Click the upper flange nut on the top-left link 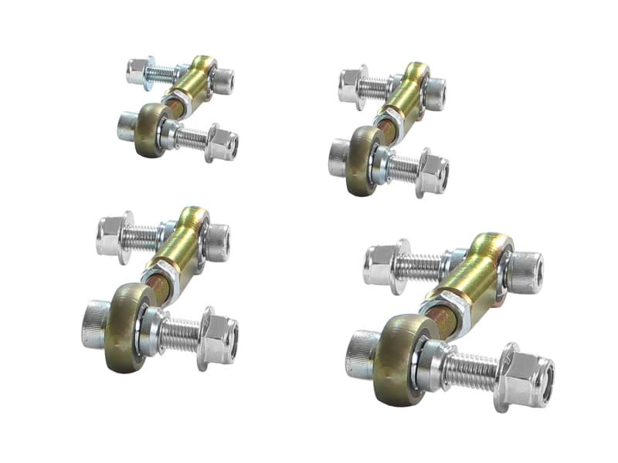[x=139, y=71]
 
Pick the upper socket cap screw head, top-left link [x=222, y=81]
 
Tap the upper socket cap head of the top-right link [x=436, y=93]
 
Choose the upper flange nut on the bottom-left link [x=111, y=235]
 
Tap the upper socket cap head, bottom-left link [x=217, y=242]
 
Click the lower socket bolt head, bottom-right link [x=362, y=354]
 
